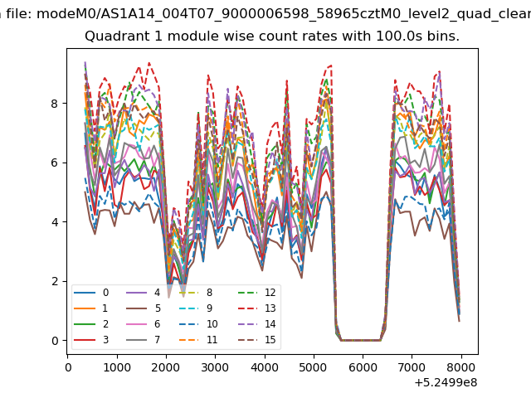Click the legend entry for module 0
[x=91, y=293]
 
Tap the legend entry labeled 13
[x=256, y=308]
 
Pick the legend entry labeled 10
[x=198, y=324]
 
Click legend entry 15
[x=256, y=340]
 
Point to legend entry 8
[x=196, y=293]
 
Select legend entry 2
[x=91, y=324]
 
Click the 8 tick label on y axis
[x=55, y=104]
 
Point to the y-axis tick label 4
[x=55, y=222]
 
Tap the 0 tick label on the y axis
[x=55, y=341]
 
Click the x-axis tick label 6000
[x=363, y=367]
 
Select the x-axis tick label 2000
[x=166, y=367]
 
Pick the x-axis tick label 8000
[x=461, y=367]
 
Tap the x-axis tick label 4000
[x=264, y=367]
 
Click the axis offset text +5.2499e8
[x=446, y=383]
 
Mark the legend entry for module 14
[x=256, y=324]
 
